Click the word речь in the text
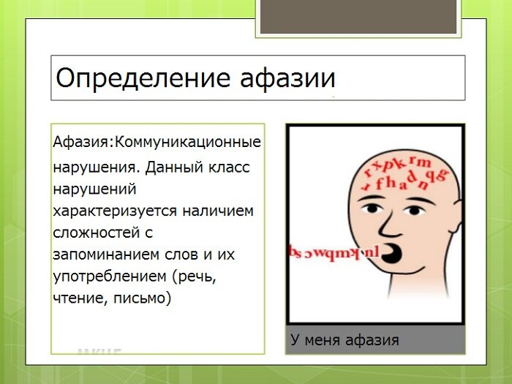(197, 276)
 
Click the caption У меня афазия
(344, 340)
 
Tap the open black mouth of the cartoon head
(396, 254)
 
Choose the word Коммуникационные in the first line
(188, 140)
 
